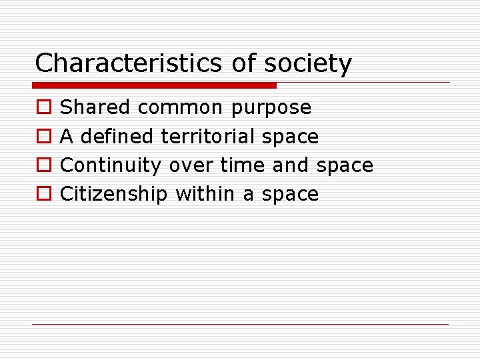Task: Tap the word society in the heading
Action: (x=308, y=64)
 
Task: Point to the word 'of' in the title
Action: (x=243, y=64)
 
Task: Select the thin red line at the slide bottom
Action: (x=240, y=324)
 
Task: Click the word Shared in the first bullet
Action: (x=95, y=107)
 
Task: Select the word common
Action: (x=181, y=107)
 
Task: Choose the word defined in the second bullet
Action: (x=117, y=136)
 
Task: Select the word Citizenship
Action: (x=113, y=193)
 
